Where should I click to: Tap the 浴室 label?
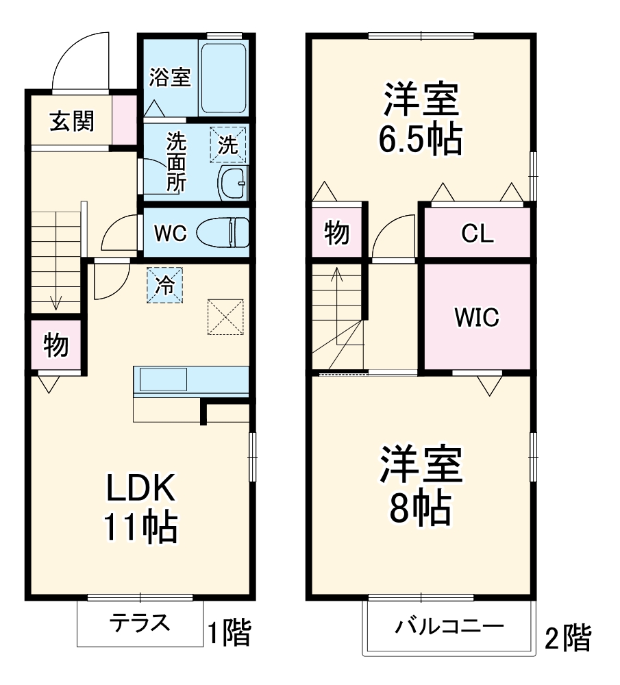point(169,77)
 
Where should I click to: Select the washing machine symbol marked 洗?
point(228,145)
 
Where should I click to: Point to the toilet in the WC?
point(222,232)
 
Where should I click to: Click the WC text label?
point(169,234)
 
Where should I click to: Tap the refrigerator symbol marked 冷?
point(164,285)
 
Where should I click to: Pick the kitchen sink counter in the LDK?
point(190,380)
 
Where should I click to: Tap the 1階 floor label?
point(229,632)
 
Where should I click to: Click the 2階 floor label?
point(567,638)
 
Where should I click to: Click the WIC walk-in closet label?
point(478,317)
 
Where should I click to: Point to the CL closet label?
point(477,234)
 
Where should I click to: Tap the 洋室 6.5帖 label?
point(421,119)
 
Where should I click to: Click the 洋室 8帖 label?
point(421,485)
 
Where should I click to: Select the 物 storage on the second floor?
point(336,234)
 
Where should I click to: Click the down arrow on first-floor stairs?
point(55,301)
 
